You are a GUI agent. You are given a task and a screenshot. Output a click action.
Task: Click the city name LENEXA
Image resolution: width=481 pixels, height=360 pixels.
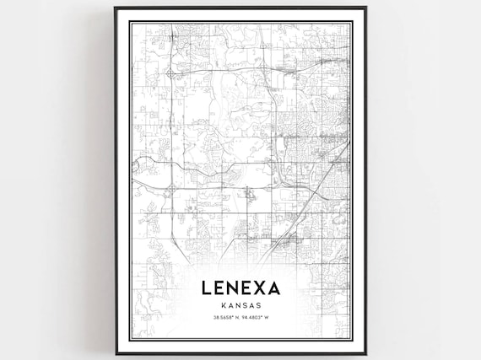(240, 287)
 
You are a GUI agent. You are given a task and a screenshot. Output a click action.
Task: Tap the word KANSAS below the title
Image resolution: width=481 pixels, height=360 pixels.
(240, 305)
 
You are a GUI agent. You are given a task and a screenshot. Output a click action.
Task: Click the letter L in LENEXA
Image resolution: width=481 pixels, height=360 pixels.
(208, 287)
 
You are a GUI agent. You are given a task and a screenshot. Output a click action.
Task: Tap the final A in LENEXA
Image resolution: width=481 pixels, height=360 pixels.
(275, 287)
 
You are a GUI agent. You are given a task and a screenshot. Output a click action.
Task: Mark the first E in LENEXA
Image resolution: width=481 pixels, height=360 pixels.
(220, 287)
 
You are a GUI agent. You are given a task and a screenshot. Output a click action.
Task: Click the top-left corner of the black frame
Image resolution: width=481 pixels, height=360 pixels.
(116, 8)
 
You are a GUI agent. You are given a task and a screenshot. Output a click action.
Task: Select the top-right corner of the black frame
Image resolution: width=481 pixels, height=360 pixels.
(365, 8)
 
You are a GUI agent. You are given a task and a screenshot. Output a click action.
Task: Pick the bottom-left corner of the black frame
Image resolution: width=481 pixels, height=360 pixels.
(116, 354)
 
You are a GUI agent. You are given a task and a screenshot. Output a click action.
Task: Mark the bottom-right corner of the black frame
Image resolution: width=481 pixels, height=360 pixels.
(365, 354)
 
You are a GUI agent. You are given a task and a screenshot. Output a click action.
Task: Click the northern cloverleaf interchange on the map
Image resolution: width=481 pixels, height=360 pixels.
(171, 73)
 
